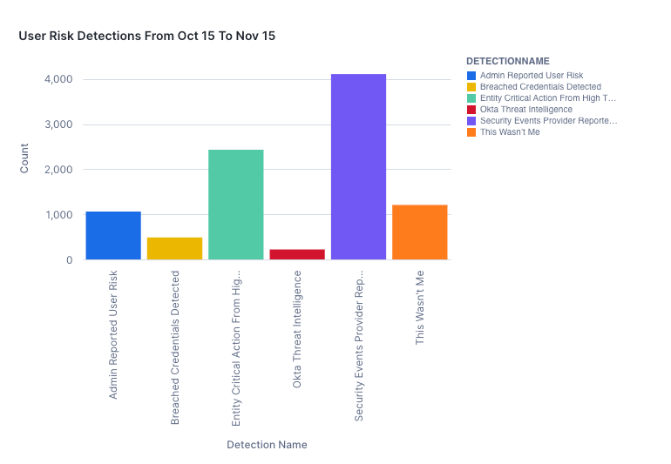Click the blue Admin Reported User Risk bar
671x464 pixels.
(x=113, y=235)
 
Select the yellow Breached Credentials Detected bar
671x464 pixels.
(x=174, y=248)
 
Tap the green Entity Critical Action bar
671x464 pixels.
(x=235, y=205)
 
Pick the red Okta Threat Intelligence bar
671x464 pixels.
(x=297, y=254)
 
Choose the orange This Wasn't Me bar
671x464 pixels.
(x=419, y=232)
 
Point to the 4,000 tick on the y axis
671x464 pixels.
(x=58, y=79)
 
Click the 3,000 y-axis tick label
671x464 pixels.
(x=58, y=124)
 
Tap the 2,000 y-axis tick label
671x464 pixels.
(x=58, y=170)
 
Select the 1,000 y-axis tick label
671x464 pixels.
(x=58, y=215)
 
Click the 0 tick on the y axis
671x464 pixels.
(x=69, y=260)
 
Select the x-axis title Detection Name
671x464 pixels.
(x=267, y=445)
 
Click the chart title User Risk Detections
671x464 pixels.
(x=147, y=36)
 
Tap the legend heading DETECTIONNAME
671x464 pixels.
(x=507, y=62)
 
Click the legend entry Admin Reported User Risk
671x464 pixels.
(x=532, y=76)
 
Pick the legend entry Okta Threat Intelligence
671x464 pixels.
(x=525, y=110)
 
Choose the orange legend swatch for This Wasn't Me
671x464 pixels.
(x=471, y=132)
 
